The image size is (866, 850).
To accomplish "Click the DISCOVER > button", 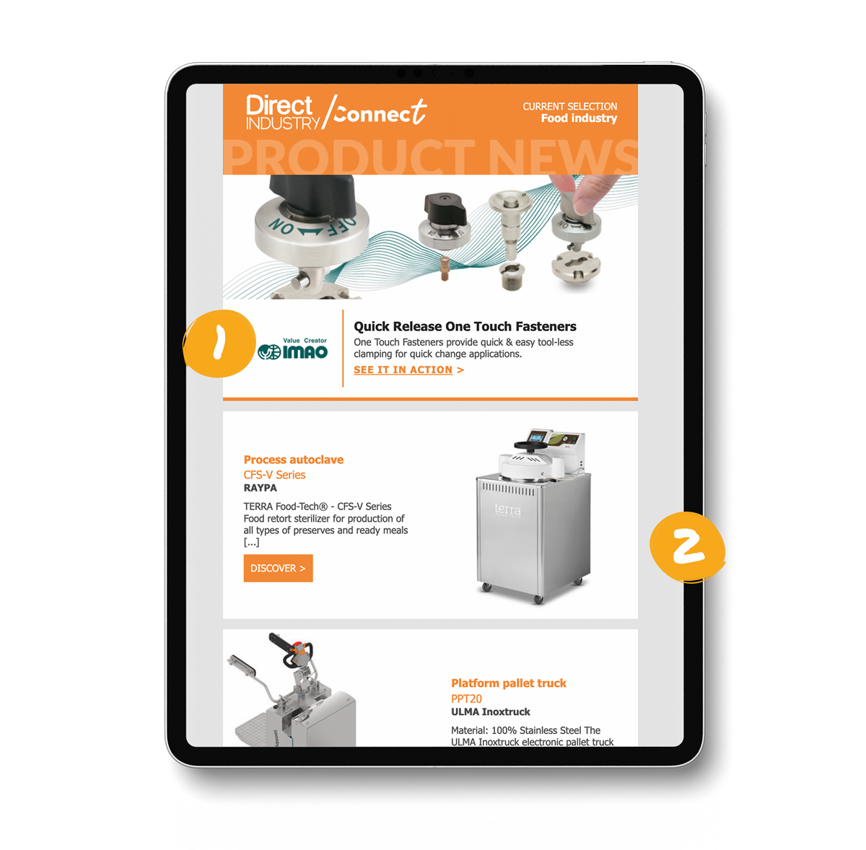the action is point(278,568).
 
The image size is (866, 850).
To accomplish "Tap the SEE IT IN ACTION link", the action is point(408,369).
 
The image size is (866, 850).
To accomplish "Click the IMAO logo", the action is point(292,349).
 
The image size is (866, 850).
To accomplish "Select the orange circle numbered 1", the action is point(219,343).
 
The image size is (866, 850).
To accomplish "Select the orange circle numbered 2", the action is point(687,547).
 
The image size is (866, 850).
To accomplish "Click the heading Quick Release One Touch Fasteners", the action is point(465,326).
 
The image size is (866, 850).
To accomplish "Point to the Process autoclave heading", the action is point(294,460).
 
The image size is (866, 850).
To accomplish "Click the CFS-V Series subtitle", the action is point(274,475).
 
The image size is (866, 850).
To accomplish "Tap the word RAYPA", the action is point(261,488).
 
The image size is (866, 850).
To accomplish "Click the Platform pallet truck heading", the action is point(508,683).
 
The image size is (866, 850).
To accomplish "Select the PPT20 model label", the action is point(466,698).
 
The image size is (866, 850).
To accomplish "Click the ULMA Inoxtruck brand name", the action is point(490,711).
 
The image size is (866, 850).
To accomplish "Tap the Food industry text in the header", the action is point(579,118).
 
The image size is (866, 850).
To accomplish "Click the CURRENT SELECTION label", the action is point(569,107).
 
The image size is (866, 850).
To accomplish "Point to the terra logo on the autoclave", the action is point(508,509).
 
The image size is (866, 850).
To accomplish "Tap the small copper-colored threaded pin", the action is point(445,268).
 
